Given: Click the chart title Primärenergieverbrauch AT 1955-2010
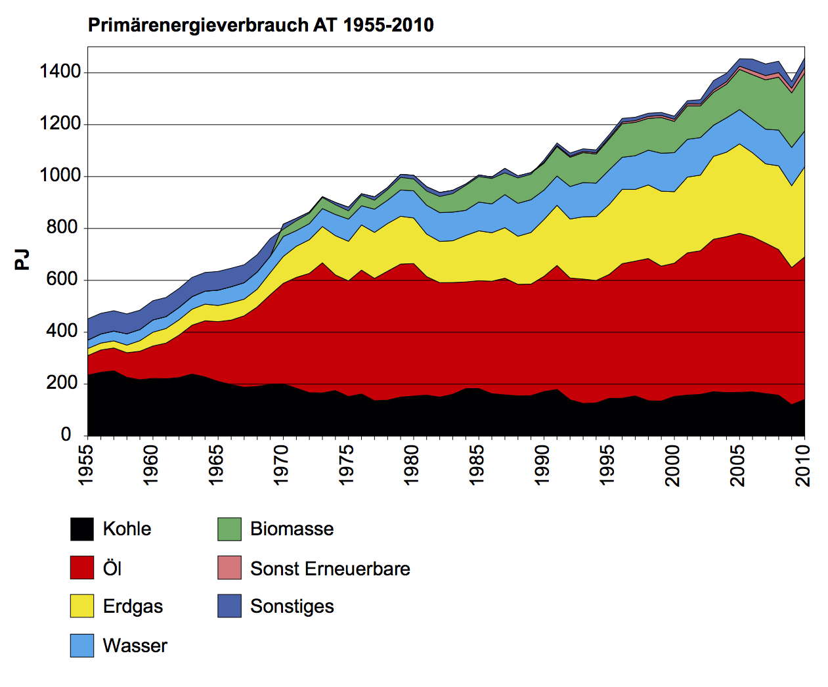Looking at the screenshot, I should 261,25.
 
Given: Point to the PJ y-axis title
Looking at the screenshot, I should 22,259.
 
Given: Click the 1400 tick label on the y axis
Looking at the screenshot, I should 60,72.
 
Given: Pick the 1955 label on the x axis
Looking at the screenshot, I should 86,465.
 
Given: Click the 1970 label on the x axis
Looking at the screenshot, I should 282,465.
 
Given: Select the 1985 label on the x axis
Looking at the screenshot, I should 477,465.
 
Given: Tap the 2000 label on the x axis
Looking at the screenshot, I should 673,465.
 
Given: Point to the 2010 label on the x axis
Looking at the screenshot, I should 803,465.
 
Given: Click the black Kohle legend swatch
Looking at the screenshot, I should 82,529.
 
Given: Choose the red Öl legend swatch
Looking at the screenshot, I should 82,567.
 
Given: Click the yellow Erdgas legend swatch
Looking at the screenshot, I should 82,606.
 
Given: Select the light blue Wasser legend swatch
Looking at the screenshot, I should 82,645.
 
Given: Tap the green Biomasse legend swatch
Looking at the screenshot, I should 229,529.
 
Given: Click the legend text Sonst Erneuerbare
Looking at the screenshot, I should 330,569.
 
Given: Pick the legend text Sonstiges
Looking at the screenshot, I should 292,606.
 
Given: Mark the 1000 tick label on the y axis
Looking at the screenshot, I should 60,175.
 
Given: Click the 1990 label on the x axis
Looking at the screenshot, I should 542,465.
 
